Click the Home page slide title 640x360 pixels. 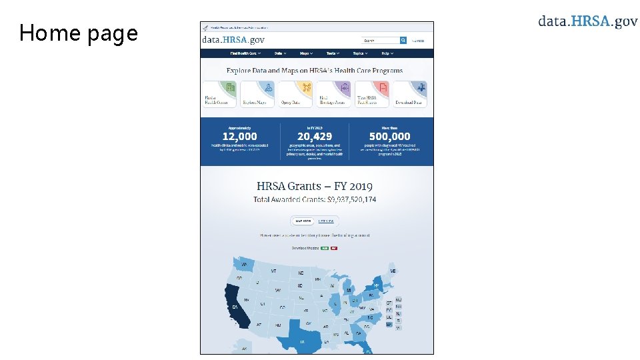point(79,33)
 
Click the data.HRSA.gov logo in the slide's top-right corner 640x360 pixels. point(588,21)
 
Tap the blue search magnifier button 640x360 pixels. point(403,41)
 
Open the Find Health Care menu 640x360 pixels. point(245,53)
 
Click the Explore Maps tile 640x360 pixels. point(257,94)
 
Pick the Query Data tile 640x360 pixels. point(295,94)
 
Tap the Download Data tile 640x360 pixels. point(409,94)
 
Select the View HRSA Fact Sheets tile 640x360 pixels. point(371,94)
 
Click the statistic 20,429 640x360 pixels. point(315,137)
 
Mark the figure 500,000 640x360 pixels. point(390,137)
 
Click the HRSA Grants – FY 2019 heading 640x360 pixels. point(315,186)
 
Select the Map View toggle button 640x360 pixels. point(303,221)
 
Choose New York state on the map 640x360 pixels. point(377,285)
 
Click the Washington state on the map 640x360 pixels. point(243,265)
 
